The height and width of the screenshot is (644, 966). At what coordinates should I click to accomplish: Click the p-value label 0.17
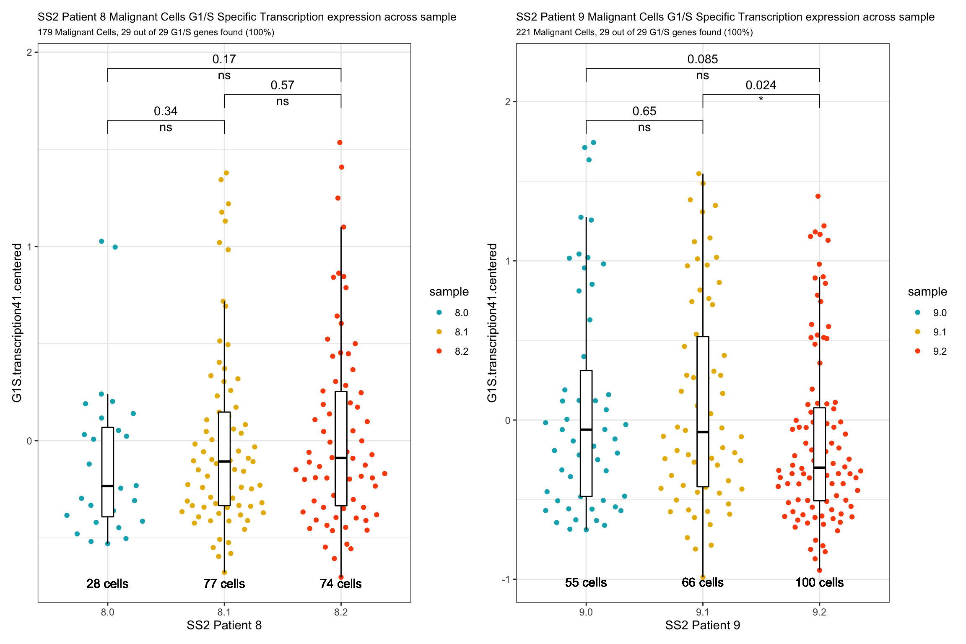click(224, 60)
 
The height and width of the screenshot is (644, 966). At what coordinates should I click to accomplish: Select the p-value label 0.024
click(761, 86)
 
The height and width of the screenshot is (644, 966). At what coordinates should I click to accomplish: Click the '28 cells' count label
click(107, 584)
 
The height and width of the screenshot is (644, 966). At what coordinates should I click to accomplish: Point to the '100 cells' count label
click(819, 582)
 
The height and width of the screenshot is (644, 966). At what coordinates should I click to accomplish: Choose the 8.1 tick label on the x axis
click(224, 612)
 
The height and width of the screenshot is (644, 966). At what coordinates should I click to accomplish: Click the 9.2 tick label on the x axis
click(819, 612)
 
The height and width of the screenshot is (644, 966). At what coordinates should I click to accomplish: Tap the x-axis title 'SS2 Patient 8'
click(224, 625)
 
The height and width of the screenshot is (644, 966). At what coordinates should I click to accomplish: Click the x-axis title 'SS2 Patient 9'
click(702, 625)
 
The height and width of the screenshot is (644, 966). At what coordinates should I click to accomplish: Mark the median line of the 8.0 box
click(108, 486)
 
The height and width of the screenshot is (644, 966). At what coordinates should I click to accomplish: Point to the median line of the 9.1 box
click(703, 432)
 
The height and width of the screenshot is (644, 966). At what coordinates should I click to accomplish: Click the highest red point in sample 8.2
click(340, 143)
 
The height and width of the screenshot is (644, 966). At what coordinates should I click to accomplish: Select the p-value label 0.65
click(644, 112)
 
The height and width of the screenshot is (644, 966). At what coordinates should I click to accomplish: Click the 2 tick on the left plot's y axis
click(29, 52)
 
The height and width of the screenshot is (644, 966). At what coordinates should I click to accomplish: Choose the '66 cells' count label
click(703, 582)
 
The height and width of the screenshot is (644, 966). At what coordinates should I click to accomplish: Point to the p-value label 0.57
click(282, 86)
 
